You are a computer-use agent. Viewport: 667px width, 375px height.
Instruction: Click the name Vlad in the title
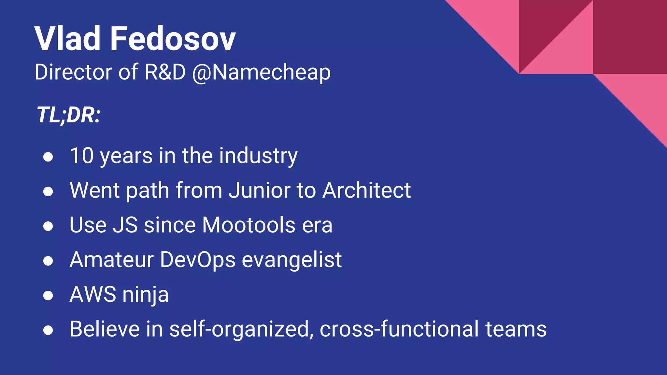67,39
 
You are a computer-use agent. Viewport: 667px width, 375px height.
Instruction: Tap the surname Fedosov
173,39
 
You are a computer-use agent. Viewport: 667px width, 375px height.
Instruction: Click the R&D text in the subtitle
165,72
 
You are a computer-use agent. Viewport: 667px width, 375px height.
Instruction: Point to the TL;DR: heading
68,115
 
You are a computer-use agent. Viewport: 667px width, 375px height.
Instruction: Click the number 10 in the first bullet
82,156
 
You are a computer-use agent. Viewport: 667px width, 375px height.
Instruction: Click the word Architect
366,190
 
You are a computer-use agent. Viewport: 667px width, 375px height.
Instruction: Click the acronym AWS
93,294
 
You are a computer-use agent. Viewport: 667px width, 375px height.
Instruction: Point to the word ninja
146,295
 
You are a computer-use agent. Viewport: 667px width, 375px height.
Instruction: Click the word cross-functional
399,329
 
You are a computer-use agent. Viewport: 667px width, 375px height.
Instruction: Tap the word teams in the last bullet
516,329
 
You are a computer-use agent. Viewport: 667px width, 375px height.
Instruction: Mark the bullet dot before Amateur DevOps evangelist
48,261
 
